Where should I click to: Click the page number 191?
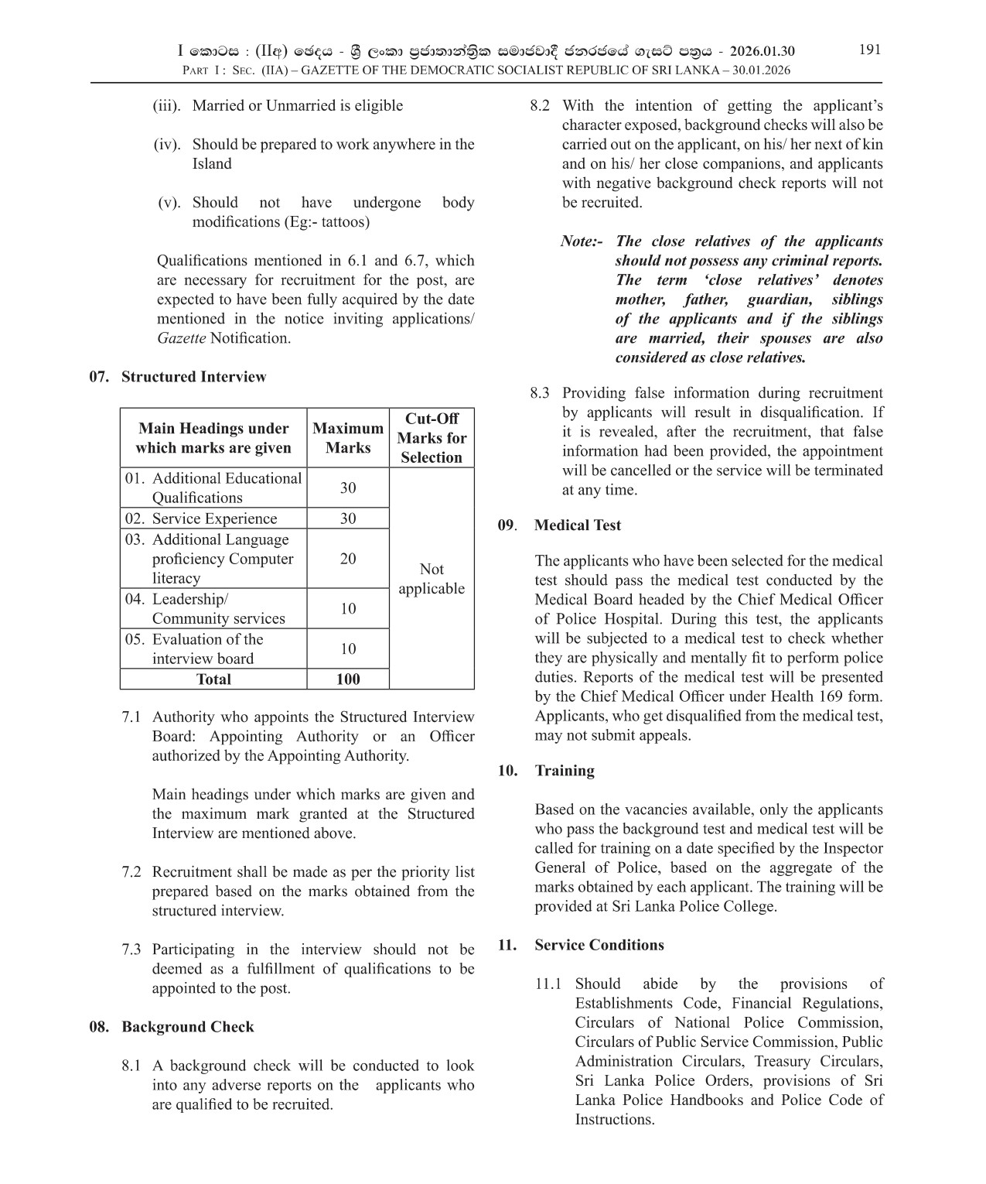[869, 50]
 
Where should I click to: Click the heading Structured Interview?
[193, 377]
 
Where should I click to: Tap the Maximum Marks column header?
[347, 438]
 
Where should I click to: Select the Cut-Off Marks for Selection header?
[432, 438]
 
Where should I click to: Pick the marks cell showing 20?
[348, 559]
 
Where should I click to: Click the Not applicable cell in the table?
[432, 579]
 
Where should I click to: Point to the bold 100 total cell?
[348, 679]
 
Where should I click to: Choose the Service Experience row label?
[213, 518]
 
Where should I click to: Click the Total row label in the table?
[213, 679]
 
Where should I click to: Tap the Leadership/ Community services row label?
[218, 609]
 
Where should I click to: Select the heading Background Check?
[187, 1027]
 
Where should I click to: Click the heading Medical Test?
[578, 525]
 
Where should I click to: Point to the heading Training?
[565, 771]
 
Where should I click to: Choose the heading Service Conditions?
[599, 945]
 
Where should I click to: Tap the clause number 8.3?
[540, 393]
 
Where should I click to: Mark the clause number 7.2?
[131, 872]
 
